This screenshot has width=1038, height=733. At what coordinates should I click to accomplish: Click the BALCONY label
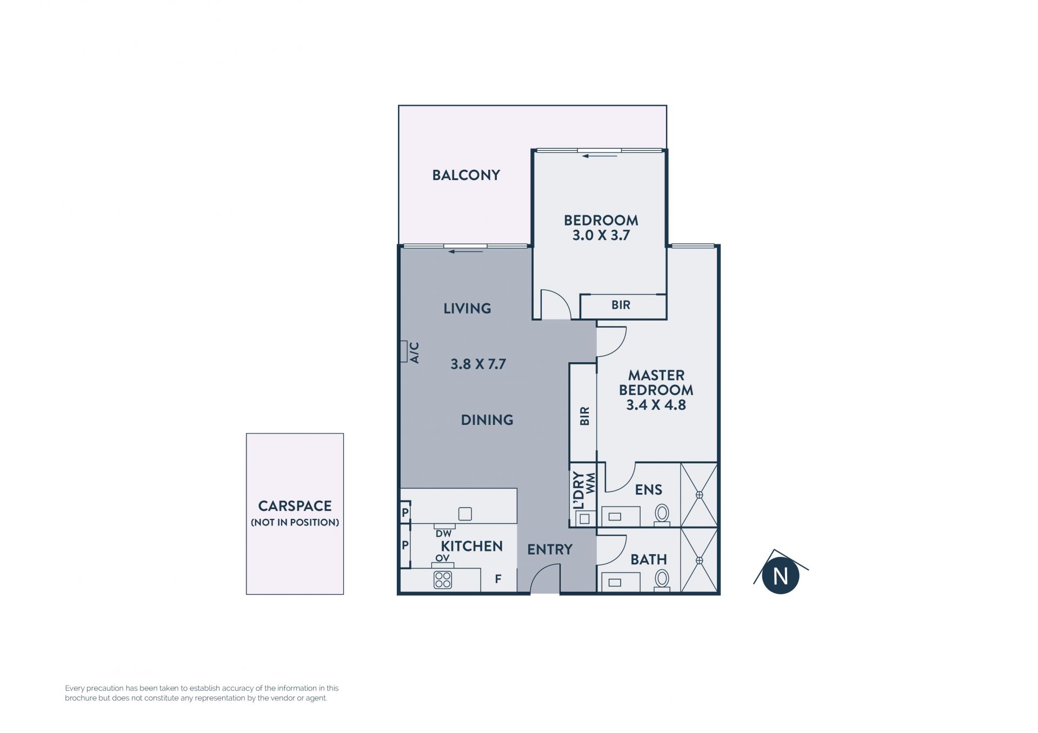pos(466,175)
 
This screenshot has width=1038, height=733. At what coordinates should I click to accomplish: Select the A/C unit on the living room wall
pos(403,351)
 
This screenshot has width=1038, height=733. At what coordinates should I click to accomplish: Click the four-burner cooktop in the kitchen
pos(443,580)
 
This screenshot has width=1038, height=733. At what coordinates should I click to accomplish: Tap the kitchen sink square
pos(465,514)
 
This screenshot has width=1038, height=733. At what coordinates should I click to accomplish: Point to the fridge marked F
pos(498,579)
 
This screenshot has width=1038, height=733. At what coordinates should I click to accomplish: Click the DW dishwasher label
pos(443,534)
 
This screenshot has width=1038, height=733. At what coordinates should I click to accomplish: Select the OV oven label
pos(442,558)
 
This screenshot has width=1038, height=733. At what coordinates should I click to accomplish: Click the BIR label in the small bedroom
pos(621,305)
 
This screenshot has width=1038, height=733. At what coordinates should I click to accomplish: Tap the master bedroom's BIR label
pos(584,416)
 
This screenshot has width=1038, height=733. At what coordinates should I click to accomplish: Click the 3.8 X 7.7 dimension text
pos(478,364)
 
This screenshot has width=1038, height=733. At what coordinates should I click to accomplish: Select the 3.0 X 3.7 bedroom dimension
pos(601,235)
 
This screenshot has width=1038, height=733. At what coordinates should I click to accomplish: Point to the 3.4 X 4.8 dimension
pos(656,405)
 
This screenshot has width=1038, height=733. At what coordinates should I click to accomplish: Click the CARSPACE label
pos(295,506)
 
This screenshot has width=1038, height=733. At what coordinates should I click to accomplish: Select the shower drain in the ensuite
pos(699,495)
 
